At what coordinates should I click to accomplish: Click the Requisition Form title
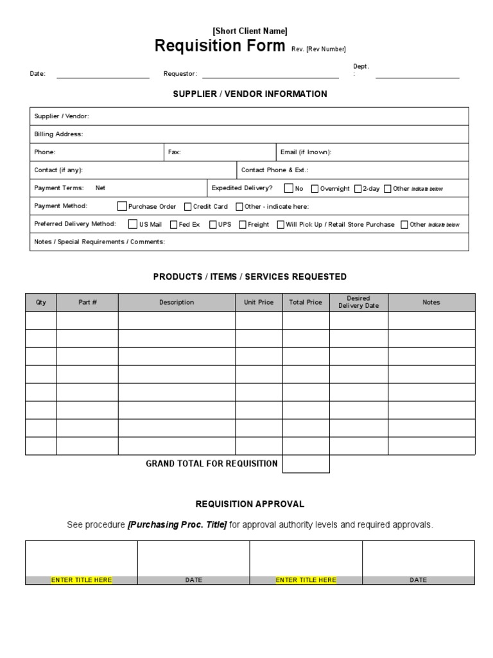click(x=220, y=46)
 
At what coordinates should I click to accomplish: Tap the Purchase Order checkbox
click(x=122, y=206)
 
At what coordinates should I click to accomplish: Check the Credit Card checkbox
click(x=187, y=206)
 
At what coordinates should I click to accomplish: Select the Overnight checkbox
click(x=315, y=188)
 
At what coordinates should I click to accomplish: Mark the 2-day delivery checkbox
click(x=358, y=188)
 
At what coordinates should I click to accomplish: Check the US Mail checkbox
click(x=133, y=224)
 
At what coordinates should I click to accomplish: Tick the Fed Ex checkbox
click(x=173, y=224)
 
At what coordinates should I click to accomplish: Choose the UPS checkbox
click(x=212, y=224)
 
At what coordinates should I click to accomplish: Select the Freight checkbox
click(x=243, y=224)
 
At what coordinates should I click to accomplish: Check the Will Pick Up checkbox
click(x=281, y=224)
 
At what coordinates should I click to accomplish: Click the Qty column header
click(x=41, y=302)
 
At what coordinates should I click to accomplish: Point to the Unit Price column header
click(x=259, y=302)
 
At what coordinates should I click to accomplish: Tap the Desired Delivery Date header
click(x=358, y=302)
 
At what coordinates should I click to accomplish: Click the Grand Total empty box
click(x=306, y=464)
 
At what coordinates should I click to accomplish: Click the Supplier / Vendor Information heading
click(x=250, y=94)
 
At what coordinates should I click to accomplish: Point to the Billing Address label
click(x=58, y=134)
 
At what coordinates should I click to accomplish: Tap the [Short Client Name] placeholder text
click(x=250, y=31)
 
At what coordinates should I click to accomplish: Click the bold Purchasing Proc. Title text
click(x=177, y=525)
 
